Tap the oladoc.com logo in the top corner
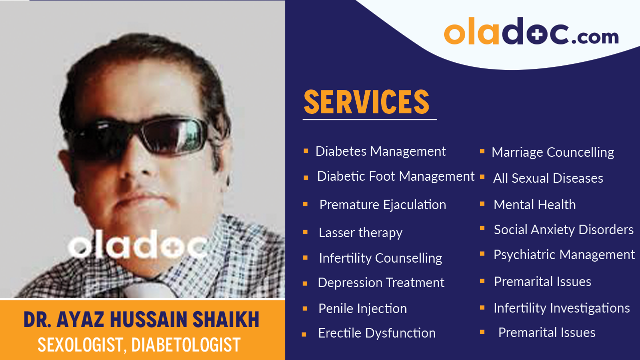click(531, 32)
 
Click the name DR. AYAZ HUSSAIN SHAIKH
click(141, 320)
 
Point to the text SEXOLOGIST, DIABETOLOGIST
click(139, 345)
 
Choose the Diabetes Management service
click(381, 151)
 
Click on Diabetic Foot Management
click(396, 176)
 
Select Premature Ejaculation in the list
click(383, 205)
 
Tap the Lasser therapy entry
click(360, 233)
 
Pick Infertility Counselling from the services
click(380, 258)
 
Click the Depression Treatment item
click(381, 283)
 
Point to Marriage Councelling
click(553, 152)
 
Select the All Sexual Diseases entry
click(548, 178)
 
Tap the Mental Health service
click(535, 205)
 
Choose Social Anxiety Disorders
click(564, 230)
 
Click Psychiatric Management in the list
click(564, 255)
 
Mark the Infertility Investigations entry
click(562, 308)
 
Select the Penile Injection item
click(362, 309)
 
